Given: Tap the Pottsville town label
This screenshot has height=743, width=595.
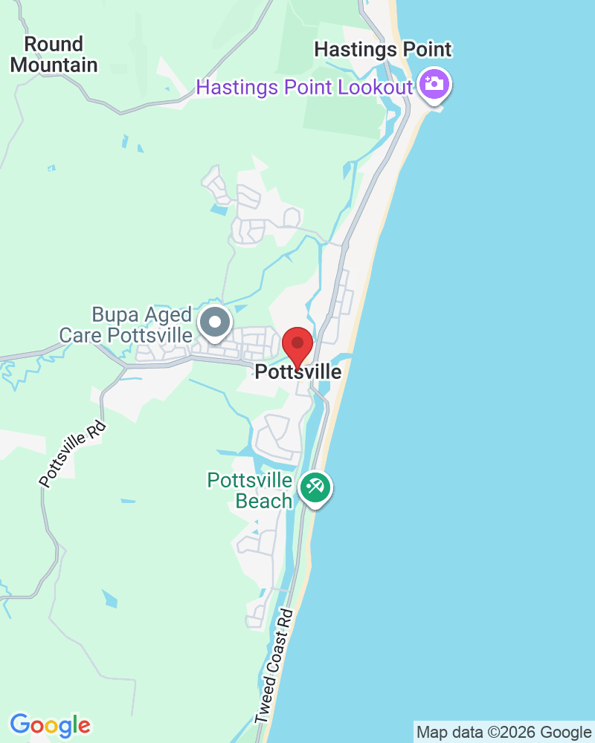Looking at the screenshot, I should click(298, 371).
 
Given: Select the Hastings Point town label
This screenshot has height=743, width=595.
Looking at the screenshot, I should click(382, 50).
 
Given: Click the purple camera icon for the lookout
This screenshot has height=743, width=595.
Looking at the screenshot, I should click(433, 83).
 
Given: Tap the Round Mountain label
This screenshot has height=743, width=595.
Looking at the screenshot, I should click(54, 54).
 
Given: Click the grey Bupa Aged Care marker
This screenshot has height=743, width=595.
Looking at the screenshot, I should click(216, 323).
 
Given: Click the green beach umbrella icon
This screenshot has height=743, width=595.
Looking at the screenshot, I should click(315, 488).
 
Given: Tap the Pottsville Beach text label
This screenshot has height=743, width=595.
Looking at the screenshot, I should click(250, 490).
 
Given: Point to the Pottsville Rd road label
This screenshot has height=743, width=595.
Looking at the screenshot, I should click(73, 455).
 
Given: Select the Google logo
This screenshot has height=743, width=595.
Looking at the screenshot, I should click(50, 724).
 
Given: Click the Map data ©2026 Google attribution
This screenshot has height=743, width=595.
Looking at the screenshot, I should click(504, 732).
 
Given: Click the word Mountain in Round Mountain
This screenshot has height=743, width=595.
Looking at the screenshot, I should click(54, 65).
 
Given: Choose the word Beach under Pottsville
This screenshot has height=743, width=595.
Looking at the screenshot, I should click(264, 501).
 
